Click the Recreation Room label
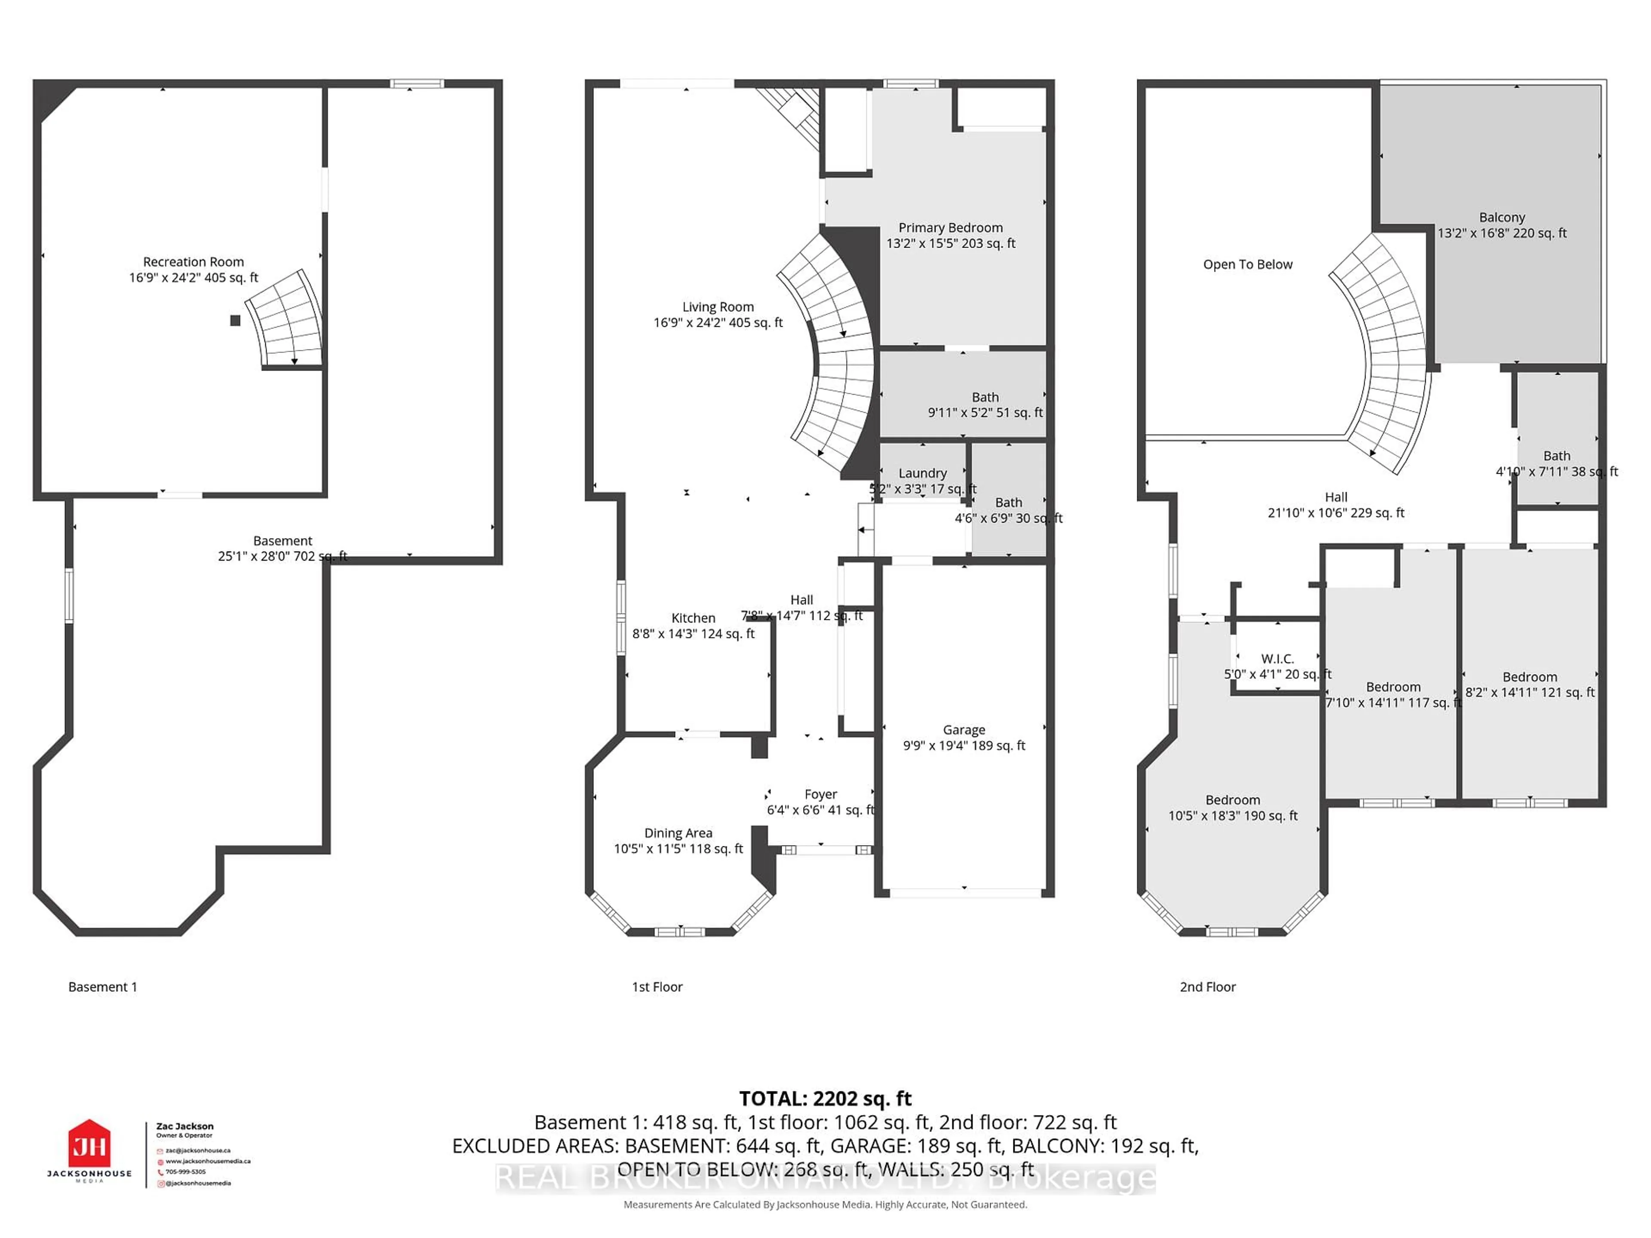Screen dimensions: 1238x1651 pyautogui.click(x=193, y=262)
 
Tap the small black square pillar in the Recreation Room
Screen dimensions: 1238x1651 pyautogui.click(x=235, y=320)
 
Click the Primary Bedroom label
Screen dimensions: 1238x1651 pyautogui.click(x=950, y=227)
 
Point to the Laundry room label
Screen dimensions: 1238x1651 pyautogui.click(x=923, y=473)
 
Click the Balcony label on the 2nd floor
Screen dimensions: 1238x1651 pyautogui.click(x=1502, y=217)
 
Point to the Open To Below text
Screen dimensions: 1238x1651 pyautogui.click(x=1247, y=264)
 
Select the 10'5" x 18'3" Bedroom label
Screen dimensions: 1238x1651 pyautogui.click(x=1232, y=800)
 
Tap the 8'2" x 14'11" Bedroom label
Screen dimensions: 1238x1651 pyautogui.click(x=1529, y=677)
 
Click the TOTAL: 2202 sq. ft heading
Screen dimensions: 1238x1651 pyautogui.click(x=825, y=1098)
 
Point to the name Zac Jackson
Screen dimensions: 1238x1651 pyautogui.click(x=184, y=1126)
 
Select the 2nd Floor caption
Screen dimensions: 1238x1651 pyautogui.click(x=1207, y=987)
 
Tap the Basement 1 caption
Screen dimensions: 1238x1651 pyautogui.click(x=102, y=987)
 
